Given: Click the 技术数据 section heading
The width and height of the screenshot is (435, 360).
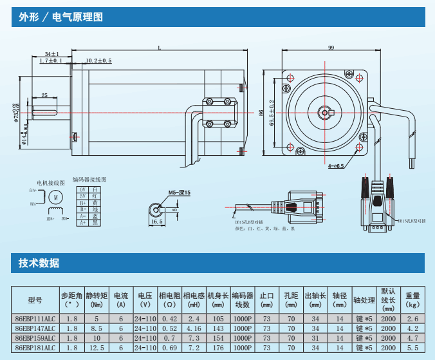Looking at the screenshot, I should click(x=39, y=263).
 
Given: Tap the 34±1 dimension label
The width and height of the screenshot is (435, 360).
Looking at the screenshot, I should click(x=52, y=53).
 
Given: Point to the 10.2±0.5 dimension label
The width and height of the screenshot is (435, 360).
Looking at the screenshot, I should click(x=98, y=61).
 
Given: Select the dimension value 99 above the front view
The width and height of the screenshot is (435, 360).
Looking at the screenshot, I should click(x=331, y=48).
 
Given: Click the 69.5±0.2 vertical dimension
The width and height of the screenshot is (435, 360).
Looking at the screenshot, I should click(x=272, y=113).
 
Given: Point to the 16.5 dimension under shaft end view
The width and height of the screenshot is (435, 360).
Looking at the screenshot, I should click(x=156, y=222).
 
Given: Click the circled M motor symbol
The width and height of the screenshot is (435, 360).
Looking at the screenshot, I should click(x=55, y=196).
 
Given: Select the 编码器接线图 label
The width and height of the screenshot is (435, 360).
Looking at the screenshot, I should click(x=89, y=180).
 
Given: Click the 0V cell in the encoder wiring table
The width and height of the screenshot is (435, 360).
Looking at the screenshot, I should click(x=82, y=189).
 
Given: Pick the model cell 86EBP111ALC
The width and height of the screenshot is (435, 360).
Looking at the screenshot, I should click(x=35, y=319).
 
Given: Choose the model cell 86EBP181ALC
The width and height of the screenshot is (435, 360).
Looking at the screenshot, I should click(x=35, y=347).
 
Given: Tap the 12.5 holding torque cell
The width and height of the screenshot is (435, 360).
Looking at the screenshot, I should click(x=97, y=347).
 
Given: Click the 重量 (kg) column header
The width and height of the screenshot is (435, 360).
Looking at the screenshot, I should click(x=412, y=300).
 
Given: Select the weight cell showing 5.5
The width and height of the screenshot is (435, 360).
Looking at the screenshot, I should click(x=412, y=347).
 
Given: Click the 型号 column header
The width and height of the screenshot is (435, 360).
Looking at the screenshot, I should click(x=35, y=300).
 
